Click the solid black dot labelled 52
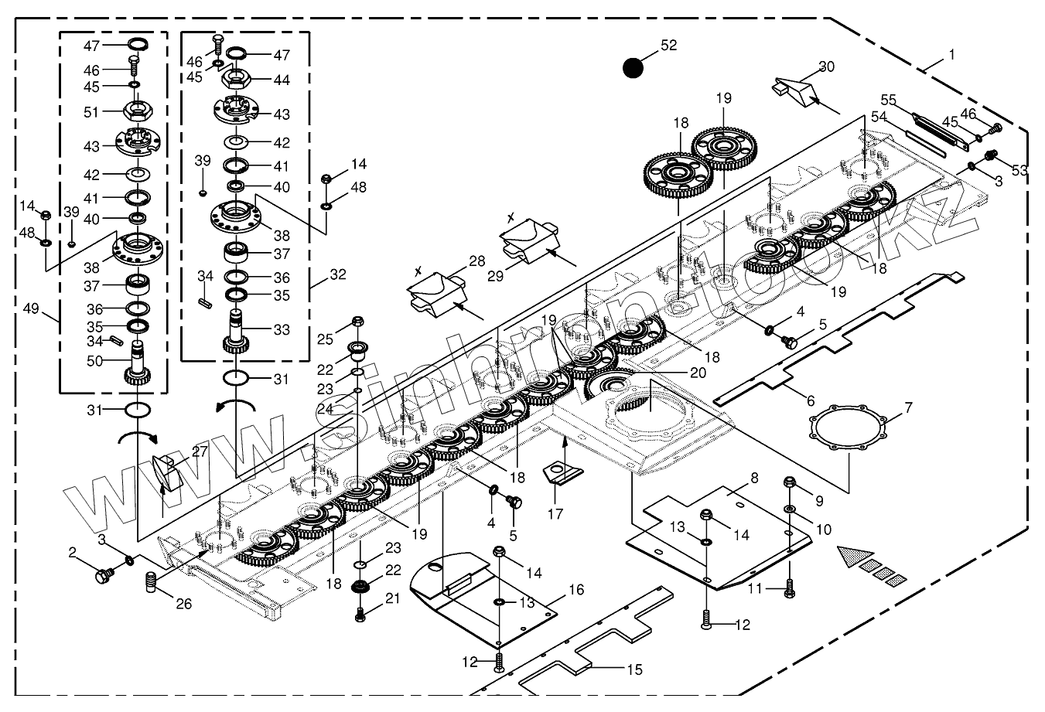tap(633, 68)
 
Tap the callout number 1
tap(951, 55)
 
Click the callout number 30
tap(826, 66)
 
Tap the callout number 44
tap(281, 80)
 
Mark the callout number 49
tap(31, 310)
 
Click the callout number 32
tap(337, 274)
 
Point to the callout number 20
tap(698, 372)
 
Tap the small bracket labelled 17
tap(563, 472)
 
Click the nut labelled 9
tap(791, 484)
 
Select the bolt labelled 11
tap(789, 588)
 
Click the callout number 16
tap(576, 590)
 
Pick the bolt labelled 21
tap(360, 615)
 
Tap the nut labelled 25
tap(357, 322)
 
